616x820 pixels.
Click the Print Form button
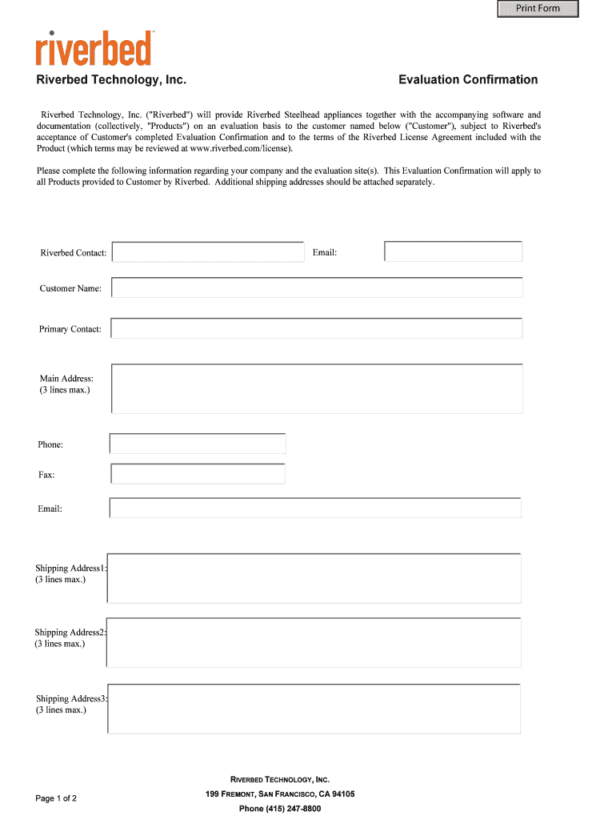click(538, 9)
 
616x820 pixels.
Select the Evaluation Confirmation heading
click(468, 79)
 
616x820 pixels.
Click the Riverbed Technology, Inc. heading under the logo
click(111, 80)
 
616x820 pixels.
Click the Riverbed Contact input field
click(208, 252)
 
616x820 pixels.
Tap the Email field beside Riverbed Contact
click(453, 251)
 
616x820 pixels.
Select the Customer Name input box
click(317, 287)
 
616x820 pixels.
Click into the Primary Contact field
click(317, 328)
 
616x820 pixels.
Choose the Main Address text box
click(317, 388)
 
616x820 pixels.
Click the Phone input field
click(198, 444)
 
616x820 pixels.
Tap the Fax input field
click(198, 474)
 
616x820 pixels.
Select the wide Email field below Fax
click(315, 508)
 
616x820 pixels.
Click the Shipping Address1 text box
click(314, 577)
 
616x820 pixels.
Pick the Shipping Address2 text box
click(314, 642)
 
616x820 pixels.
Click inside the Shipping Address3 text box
click(314, 709)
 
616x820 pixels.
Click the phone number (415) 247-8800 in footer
click(280, 809)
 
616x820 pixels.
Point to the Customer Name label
click(70, 288)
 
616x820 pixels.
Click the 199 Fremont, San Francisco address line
click(280, 794)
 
